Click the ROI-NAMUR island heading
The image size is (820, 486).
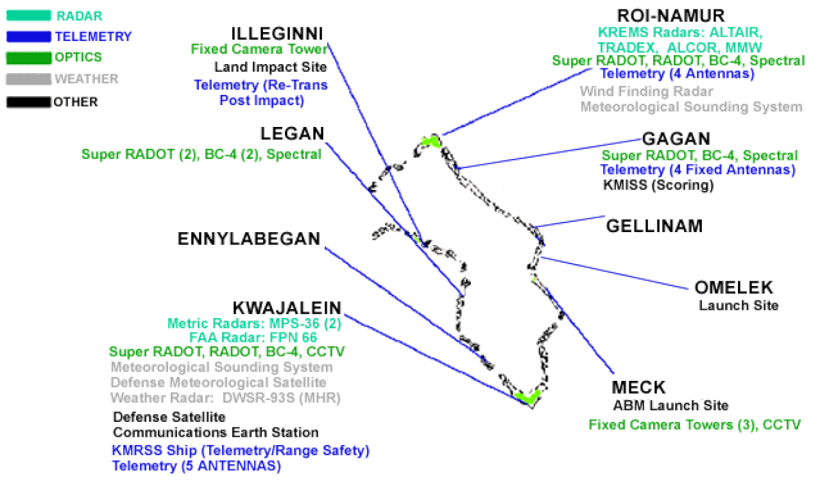670,16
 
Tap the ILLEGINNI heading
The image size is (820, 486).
277,33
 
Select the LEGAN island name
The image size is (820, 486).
292,134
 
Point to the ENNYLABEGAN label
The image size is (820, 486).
249,239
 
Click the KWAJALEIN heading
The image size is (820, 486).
287,308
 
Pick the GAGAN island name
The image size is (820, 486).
676,139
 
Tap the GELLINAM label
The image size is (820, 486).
655,226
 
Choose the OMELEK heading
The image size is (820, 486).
734,287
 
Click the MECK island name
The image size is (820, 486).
638,387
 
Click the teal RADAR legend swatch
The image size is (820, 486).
29,16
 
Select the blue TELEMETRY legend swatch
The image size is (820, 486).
29,37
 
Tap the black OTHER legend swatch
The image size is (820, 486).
29,102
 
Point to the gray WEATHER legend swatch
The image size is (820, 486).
29,79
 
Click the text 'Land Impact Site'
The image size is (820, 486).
270,67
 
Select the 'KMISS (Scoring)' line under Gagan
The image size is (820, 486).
658,185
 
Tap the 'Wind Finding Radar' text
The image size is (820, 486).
646,91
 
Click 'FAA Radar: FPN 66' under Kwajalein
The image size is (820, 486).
253,337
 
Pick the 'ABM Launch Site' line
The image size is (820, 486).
670,405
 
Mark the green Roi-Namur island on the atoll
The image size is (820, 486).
431,141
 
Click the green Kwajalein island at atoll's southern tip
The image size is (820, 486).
527,397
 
